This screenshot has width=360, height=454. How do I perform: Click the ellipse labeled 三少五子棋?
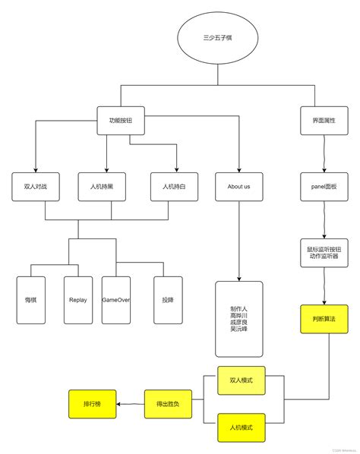[218, 37]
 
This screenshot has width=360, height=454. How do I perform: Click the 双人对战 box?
[35, 186]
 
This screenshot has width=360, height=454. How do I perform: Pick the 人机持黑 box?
[102, 186]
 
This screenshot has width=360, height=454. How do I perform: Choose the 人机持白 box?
[174, 186]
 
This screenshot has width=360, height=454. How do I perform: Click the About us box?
[238, 186]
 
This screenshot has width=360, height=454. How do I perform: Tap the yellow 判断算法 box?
[324, 319]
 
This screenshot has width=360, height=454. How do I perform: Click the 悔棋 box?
[31, 300]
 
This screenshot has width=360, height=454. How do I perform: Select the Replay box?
[77, 300]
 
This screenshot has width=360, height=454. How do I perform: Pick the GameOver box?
[115, 300]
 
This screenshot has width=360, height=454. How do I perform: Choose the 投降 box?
[168, 300]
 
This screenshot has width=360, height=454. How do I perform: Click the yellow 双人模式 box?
[241, 380]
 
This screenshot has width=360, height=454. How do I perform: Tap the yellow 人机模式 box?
[241, 427]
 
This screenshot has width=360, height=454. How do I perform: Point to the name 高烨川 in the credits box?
[238, 315]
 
